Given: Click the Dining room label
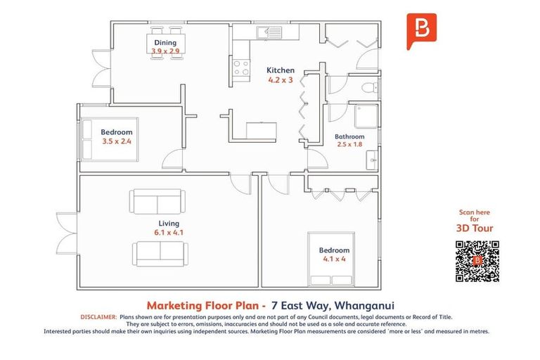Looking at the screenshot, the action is (165, 43).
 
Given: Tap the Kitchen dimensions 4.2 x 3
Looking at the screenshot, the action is (281, 80).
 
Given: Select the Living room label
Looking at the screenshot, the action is (169, 223).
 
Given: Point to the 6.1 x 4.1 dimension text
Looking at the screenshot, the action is (169, 233).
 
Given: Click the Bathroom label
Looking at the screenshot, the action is (349, 137).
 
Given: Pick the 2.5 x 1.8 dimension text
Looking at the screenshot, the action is (349, 144).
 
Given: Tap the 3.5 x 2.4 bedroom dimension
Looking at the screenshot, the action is (117, 141).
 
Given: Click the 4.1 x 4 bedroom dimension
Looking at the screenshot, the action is (334, 259).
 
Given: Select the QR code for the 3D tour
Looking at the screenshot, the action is (477, 261).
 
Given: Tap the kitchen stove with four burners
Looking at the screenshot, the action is (241, 67).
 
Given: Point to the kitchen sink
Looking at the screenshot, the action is (269, 32).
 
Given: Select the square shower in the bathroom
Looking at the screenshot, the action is (367, 116).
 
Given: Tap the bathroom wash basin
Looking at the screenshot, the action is (372, 160).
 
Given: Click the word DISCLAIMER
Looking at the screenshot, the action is (99, 317).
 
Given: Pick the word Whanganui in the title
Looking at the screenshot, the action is (364, 306).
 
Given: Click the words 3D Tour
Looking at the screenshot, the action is (475, 228).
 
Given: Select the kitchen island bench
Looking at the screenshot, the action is (262, 131).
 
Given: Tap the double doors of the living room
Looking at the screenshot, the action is (67, 233).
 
